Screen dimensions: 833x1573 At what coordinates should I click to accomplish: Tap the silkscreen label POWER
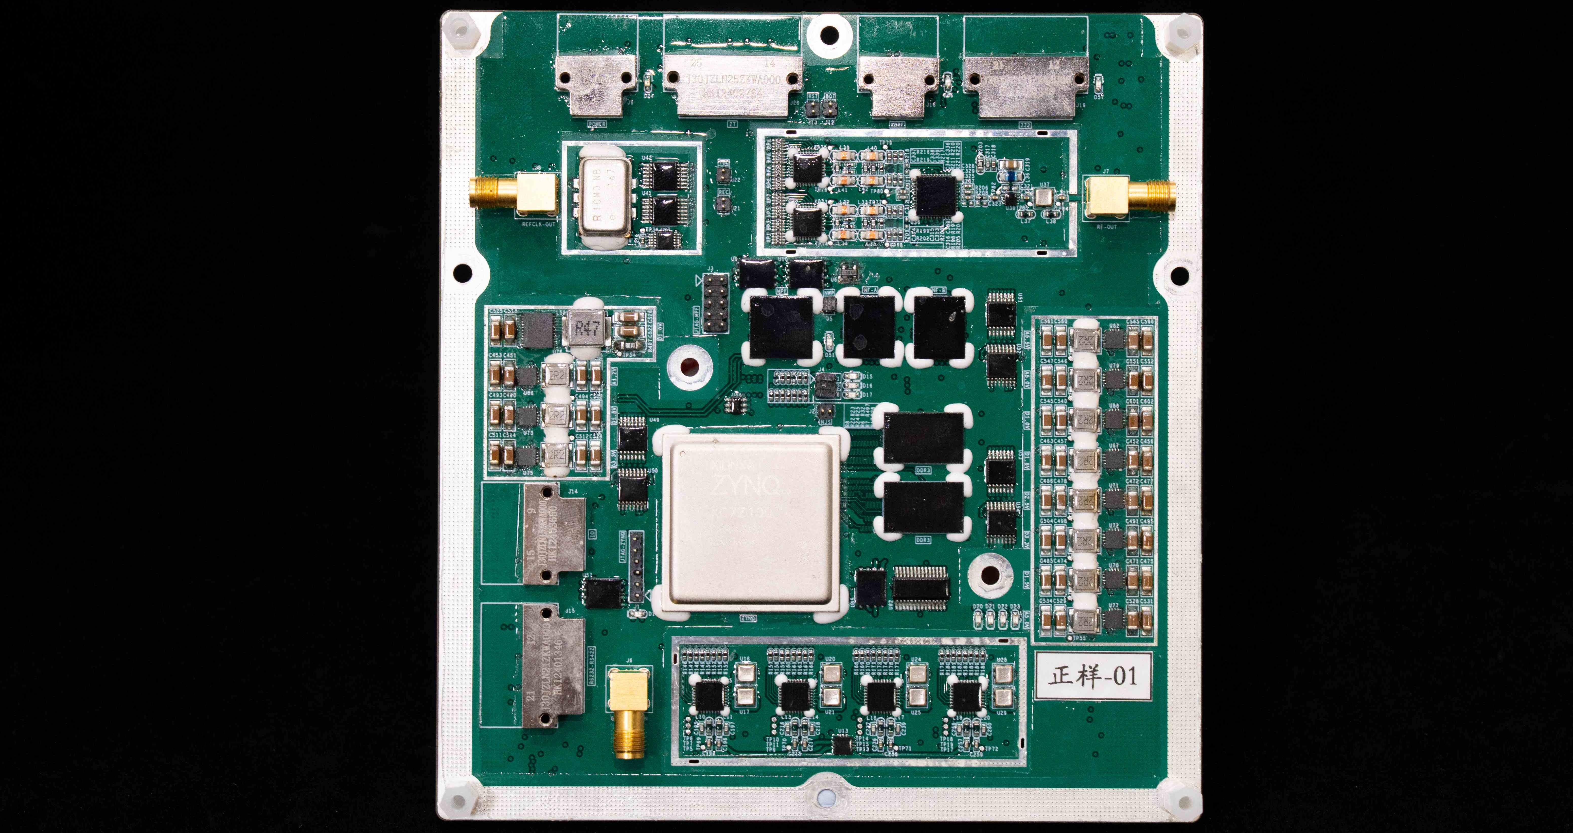(x=597, y=124)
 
